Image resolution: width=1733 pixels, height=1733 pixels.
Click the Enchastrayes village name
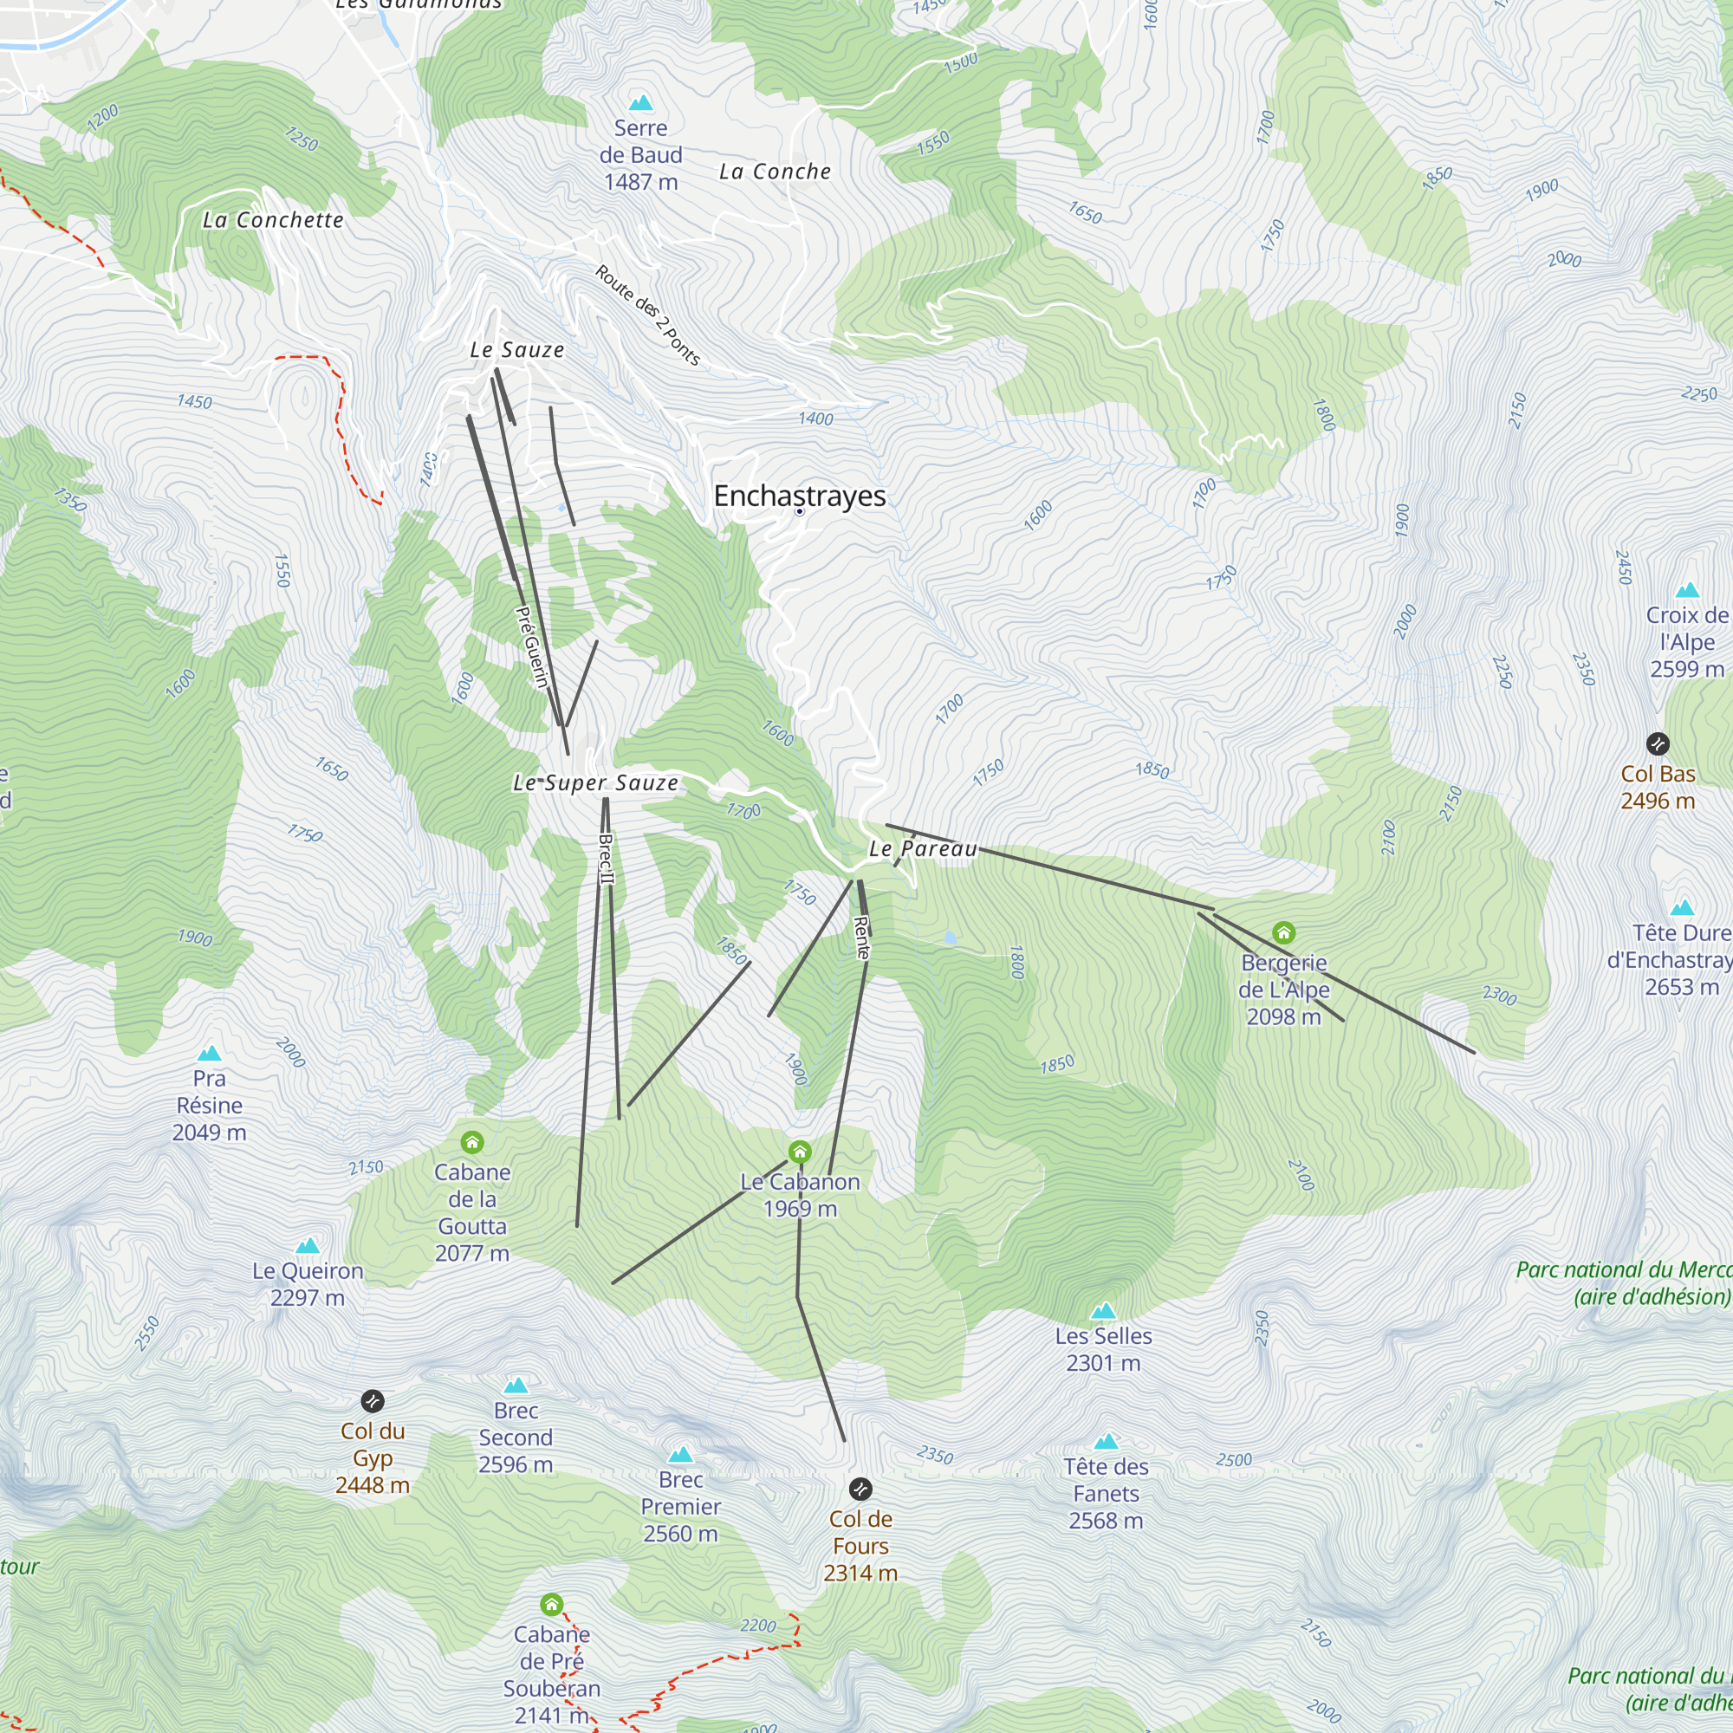(x=799, y=495)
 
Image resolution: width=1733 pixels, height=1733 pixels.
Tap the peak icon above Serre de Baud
(x=640, y=102)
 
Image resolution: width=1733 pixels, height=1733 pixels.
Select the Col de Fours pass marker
(x=860, y=1489)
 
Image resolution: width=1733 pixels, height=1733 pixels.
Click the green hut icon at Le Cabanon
(x=799, y=1152)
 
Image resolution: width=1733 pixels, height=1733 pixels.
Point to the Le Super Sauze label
(x=595, y=783)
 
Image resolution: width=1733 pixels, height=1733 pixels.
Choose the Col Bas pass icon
(x=1658, y=743)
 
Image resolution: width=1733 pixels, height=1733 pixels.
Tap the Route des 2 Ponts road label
(x=646, y=315)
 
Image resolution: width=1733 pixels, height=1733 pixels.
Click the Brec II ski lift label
(x=607, y=859)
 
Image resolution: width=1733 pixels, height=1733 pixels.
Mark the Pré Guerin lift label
(x=532, y=646)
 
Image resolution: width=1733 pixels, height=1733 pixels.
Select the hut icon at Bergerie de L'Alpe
(x=1283, y=933)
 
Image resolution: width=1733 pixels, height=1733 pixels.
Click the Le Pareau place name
(x=923, y=848)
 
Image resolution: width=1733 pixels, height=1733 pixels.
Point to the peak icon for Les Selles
(x=1102, y=1311)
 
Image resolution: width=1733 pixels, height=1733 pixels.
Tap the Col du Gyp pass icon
(x=373, y=1401)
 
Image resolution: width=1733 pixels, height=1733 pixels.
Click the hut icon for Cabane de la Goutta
(x=472, y=1142)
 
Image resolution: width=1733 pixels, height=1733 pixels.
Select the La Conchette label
(x=273, y=221)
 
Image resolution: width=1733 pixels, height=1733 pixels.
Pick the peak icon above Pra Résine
(x=209, y=1053)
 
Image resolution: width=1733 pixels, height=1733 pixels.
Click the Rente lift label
(x=861, y=938)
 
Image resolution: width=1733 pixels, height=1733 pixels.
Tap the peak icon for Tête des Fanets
(x=1106, y=1442)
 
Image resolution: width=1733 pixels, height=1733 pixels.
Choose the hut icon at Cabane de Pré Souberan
(x=552, y=1604)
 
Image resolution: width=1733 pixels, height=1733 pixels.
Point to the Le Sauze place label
(x=517, y=351)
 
